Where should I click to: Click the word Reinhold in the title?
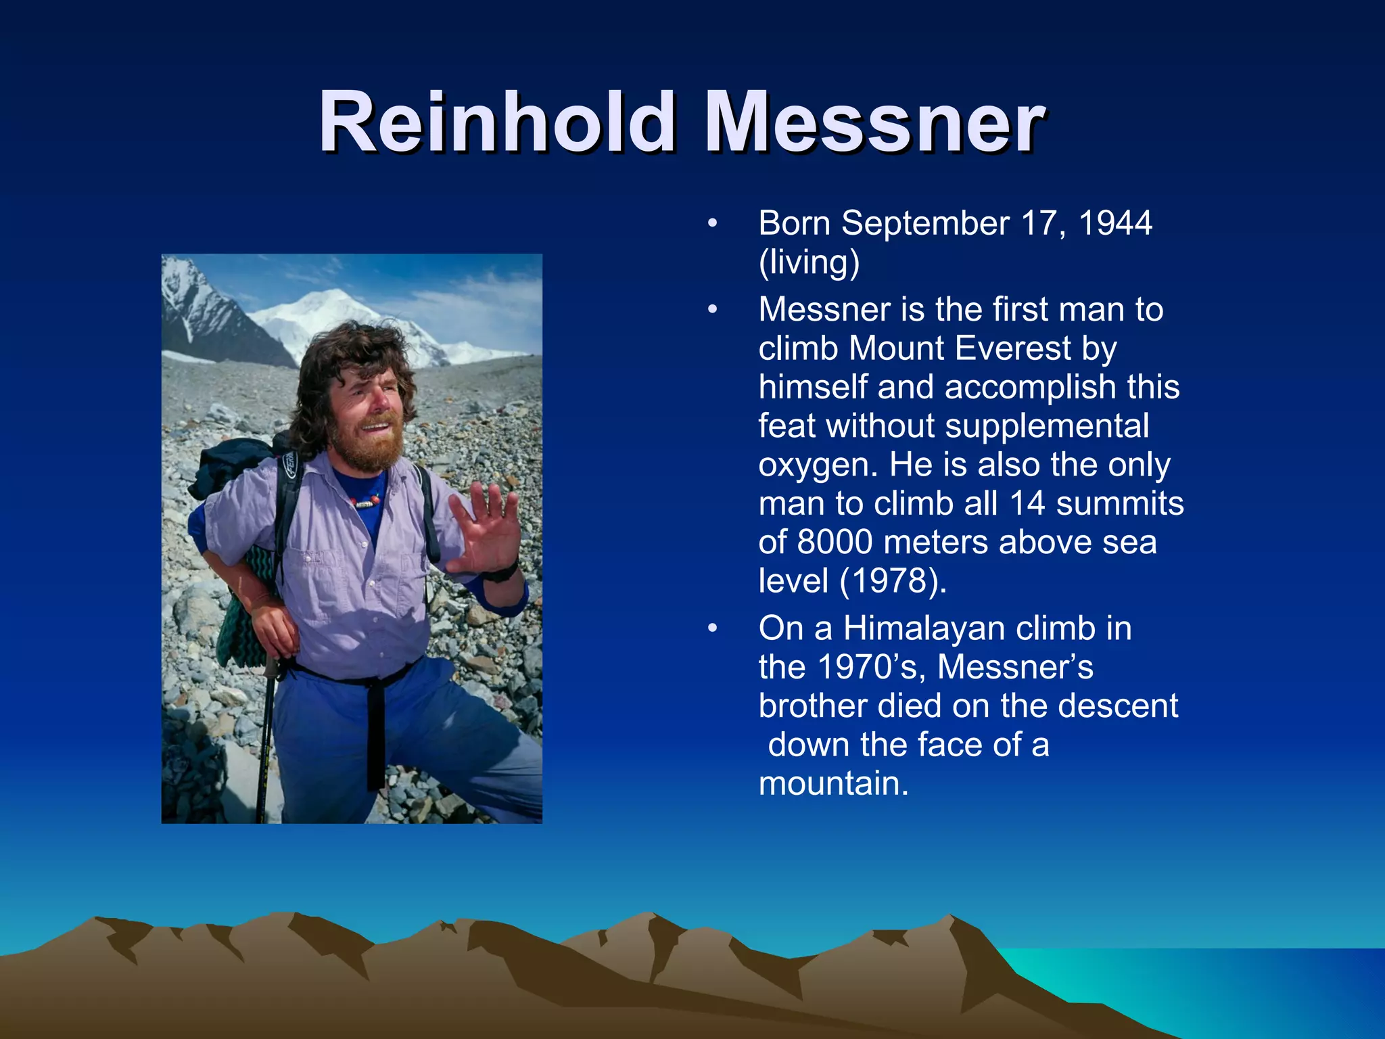click(x=497, y=123)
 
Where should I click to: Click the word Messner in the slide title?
click(x=874, y=123)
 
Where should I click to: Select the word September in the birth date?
click(x=925, y=223)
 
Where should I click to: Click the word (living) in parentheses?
click(x=809, y=262)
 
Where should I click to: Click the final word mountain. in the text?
click(x=833, y=784)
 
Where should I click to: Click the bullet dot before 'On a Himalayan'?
click(x=711, y=628)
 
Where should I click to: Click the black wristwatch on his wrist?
click(x=500, y=574)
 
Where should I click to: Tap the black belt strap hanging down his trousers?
click(x=376, y=731)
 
